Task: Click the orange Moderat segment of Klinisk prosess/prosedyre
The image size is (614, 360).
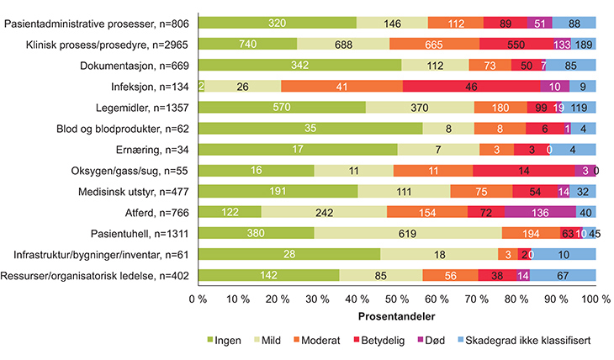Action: [x=434, y=43]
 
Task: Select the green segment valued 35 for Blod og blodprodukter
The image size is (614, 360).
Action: [x=310, y=127]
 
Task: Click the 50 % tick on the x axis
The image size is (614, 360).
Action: [x=397, y=299]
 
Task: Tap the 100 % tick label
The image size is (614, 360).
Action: [x=595, y=299]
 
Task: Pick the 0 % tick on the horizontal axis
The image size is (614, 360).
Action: [x=199, y=299]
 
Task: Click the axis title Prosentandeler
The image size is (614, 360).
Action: [x=397, y=317]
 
